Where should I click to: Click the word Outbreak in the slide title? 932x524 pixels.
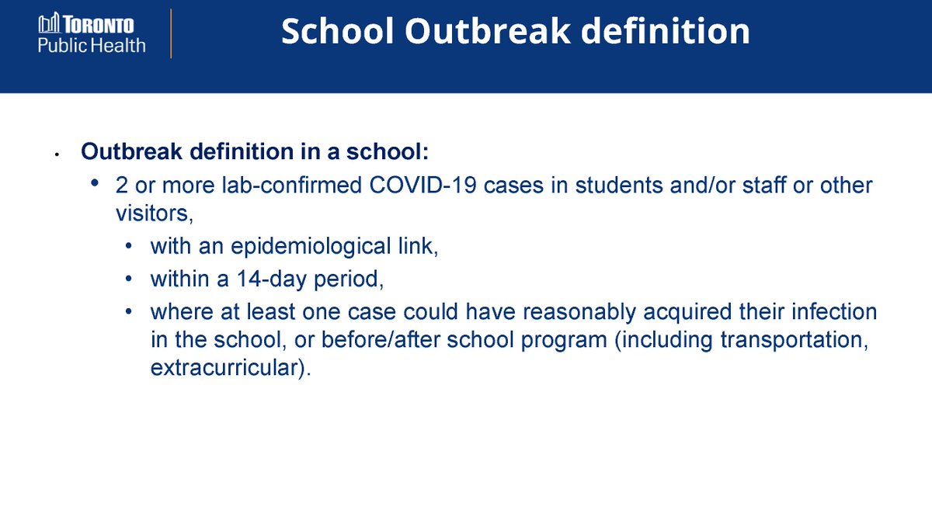[488, 31]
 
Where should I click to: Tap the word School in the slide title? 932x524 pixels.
[337, 31]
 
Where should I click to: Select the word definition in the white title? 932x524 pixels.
[666, 31]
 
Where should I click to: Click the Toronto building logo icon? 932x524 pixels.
[49, 23]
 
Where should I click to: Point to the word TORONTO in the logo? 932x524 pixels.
[99, 25]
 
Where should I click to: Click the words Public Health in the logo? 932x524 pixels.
[92, 45]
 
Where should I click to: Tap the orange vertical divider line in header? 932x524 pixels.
[171, 33]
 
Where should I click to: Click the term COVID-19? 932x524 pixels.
[423, 185]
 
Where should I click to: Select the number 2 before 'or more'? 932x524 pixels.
[121, 185]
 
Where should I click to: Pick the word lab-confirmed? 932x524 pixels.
[292, 185]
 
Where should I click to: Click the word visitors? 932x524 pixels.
[155, 213]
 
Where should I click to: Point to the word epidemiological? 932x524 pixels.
[311, 247]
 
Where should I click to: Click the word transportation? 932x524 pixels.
[795, 340]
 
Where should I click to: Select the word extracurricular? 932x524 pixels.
[231, 368]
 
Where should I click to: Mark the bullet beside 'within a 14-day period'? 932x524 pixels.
[129, 278]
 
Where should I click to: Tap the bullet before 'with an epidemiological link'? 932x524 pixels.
[129, 246]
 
